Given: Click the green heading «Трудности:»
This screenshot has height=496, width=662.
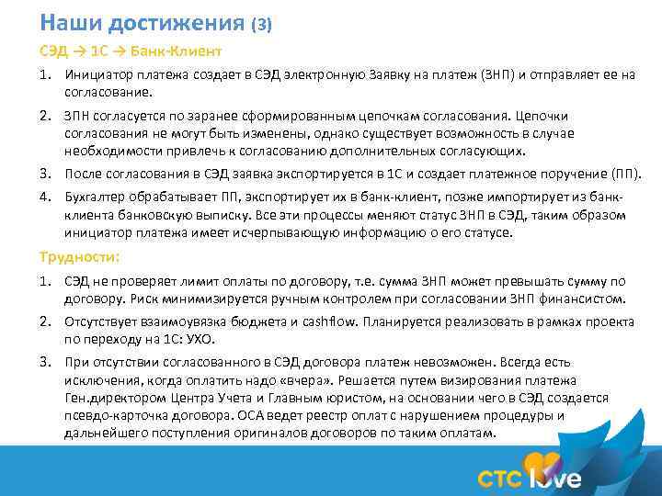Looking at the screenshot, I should click(x=80, y=257).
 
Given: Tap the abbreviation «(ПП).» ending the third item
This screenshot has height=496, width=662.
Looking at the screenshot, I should click(x=625, y=174).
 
